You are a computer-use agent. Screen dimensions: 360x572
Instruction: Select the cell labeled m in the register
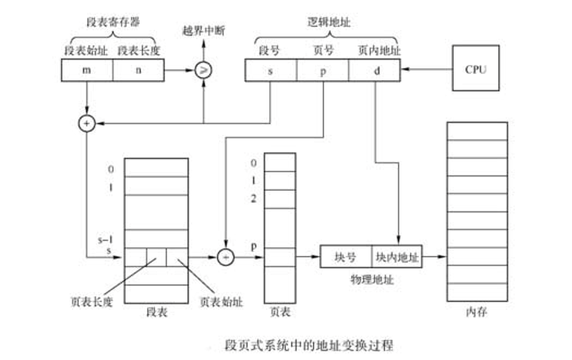coord(87,71)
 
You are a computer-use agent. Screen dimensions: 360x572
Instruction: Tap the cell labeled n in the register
coord(138,71)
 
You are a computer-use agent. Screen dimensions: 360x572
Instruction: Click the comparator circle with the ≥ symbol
coord(203,71)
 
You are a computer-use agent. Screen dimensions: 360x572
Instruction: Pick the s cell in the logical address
coord(271,71)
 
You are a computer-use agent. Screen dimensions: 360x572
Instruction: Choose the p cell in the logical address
coord(323,71)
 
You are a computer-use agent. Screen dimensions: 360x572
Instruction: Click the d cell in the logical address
coord(375,71)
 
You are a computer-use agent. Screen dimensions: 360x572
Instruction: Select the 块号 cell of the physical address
coord(346,257)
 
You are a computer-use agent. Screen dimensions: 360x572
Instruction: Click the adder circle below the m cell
coord(86,124)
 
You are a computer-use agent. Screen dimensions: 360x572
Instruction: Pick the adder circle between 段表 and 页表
coord(224,257)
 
